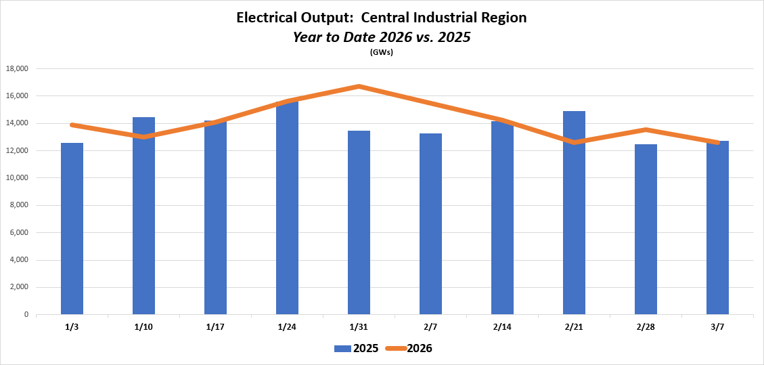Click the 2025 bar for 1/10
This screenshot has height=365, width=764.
[x=143, y=216]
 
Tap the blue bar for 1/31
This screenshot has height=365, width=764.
[x=359, y=223]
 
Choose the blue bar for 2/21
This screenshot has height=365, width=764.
[x=574, y=213]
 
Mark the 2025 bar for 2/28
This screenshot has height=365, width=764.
[x=646, y=230]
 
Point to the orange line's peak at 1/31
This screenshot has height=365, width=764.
[x=359, y=86]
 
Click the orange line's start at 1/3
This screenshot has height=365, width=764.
[x=72, y=125]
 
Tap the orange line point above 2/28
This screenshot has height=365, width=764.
[x=646, y=129]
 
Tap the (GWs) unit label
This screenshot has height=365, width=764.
[x=382, y=53]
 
